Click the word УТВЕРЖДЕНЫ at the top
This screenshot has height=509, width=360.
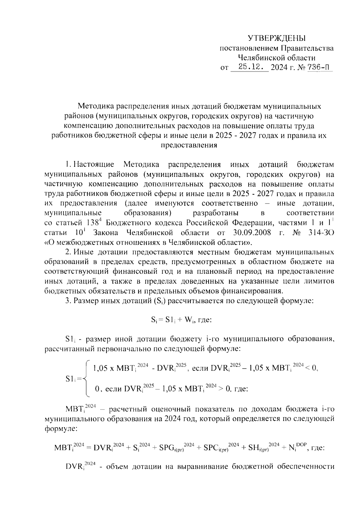(x=276, y=38)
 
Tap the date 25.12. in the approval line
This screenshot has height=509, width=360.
(x=250, y=67)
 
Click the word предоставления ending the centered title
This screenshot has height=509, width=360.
(x=189, y=145)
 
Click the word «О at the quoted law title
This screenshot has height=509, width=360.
(x=49, y=243)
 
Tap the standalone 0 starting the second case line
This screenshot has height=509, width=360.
(x=97, y=389)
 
